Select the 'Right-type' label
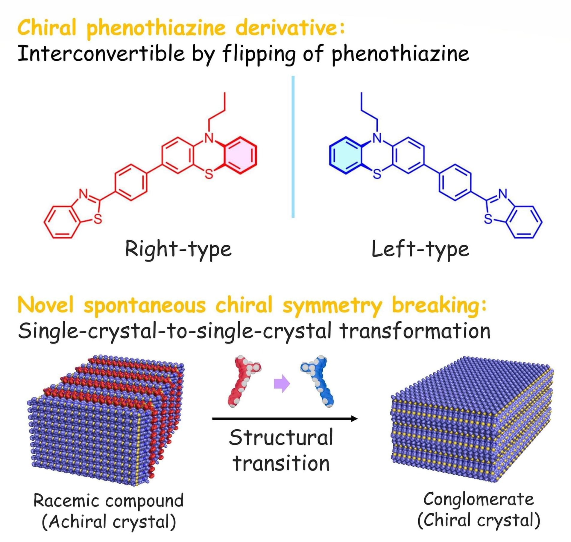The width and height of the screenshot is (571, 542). (x=178, y=249)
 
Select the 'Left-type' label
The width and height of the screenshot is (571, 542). (x=420, y=249)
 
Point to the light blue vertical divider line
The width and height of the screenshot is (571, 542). (x=293, y=147)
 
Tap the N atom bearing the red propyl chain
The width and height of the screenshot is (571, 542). (x=209, y=138)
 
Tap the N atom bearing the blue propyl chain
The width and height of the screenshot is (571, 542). (x=377, y=138)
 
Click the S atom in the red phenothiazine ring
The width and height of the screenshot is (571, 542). (x=209, y=174)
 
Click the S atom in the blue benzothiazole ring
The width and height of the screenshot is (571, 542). (x=488, y=220)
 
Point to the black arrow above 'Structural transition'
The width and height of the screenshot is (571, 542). (x=285, y=418)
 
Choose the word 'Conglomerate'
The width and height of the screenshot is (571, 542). (x=478, y=499)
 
